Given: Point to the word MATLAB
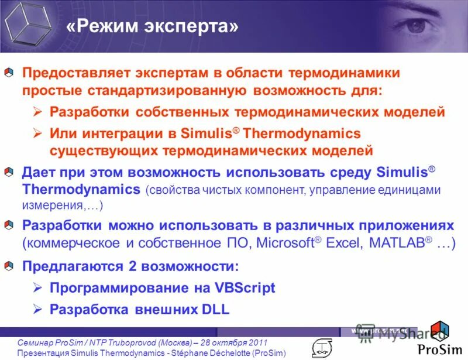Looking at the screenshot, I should point(395,244).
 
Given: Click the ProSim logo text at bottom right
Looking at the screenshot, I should point(439,349).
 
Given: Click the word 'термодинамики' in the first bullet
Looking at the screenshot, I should point(343,73).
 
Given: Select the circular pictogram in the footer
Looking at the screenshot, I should point(321,347).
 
